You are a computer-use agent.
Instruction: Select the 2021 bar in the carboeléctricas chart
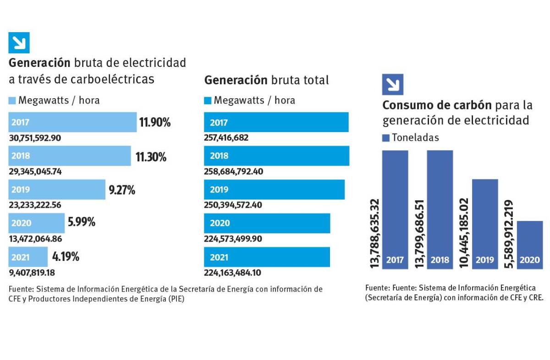28,257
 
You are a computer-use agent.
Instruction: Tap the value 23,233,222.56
35,205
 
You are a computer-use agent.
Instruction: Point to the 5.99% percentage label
81,223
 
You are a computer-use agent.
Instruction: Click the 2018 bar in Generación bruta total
276,156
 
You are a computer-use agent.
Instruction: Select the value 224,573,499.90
233,239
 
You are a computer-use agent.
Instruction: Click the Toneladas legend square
385,138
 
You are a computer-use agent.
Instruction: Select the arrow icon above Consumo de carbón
392,84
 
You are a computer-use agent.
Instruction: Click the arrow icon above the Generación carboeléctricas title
19,43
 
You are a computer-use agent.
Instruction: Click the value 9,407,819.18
32,272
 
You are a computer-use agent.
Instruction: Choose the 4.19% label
66,257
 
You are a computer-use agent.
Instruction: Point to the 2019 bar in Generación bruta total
274,189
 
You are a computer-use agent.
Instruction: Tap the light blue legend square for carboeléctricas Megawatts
12,100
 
